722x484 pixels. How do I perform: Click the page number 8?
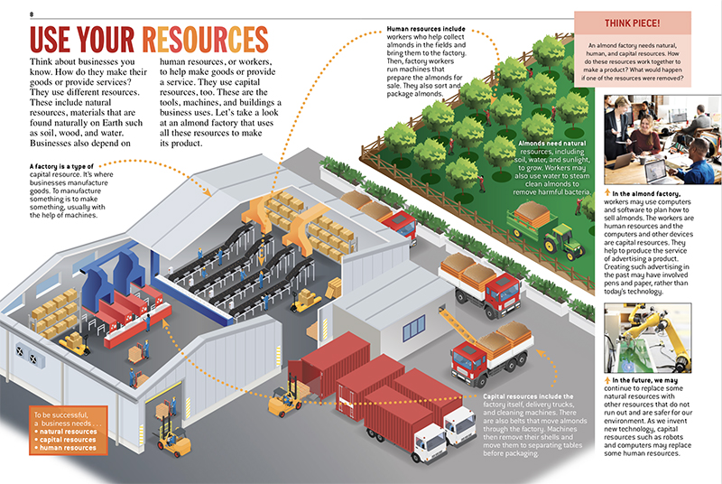32,14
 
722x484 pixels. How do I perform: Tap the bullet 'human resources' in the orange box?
65,447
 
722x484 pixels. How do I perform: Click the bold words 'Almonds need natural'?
555,143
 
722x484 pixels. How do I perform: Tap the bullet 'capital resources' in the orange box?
66,439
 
